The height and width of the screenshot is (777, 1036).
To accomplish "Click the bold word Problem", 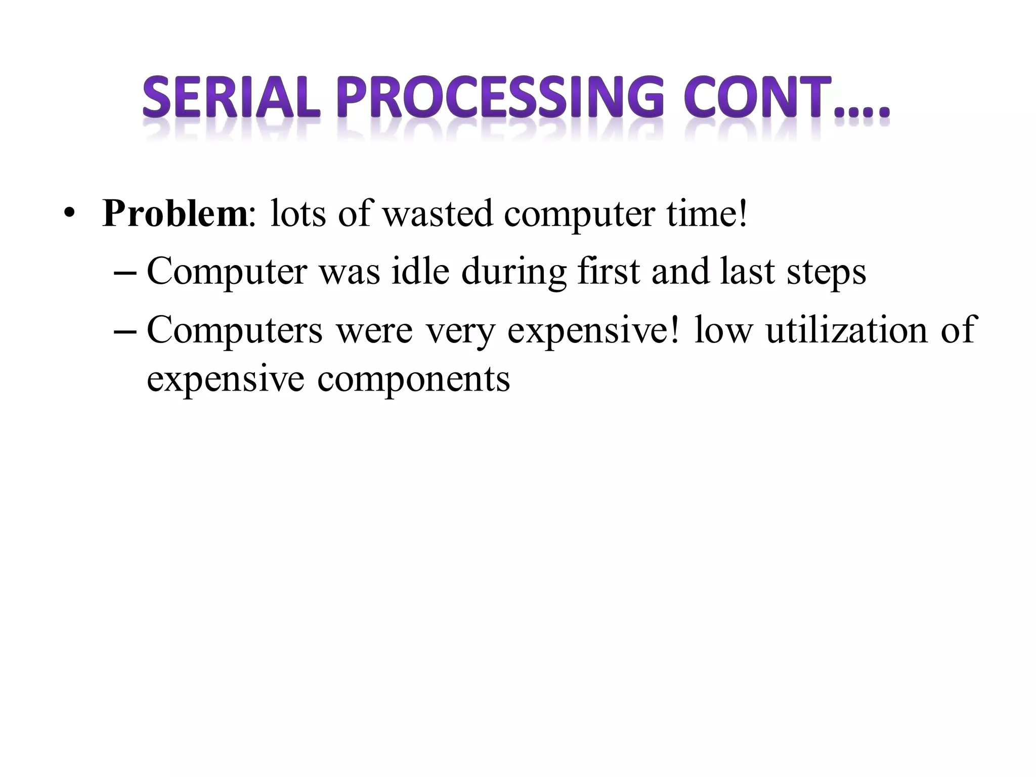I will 175,214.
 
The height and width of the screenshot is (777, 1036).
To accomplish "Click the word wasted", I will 437,214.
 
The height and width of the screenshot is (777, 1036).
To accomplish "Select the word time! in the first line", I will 706,214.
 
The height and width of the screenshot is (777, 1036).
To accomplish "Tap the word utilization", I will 847,330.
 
